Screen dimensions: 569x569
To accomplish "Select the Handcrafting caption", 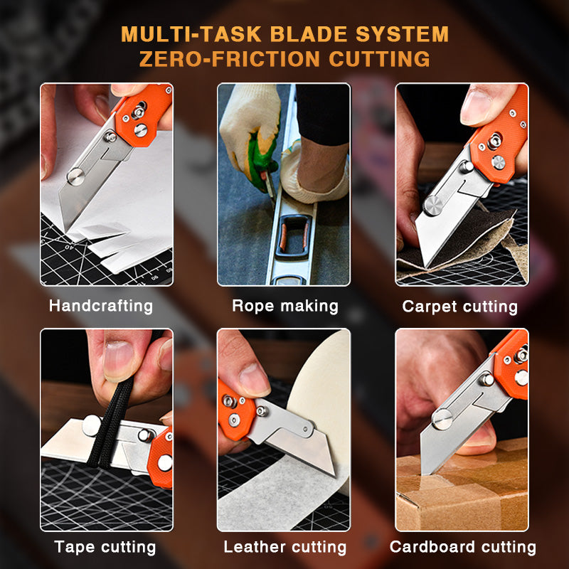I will pos(100,306).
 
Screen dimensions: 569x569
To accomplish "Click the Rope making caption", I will pos(284,306).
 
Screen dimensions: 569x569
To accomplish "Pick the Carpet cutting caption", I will pos(459,307).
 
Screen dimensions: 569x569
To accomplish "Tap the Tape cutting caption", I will pos(105,547).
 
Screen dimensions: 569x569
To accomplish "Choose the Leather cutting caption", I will pos(284,547).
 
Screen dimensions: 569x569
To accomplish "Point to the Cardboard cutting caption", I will pos(462,547).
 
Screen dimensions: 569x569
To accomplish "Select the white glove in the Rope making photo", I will pos(245,128).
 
